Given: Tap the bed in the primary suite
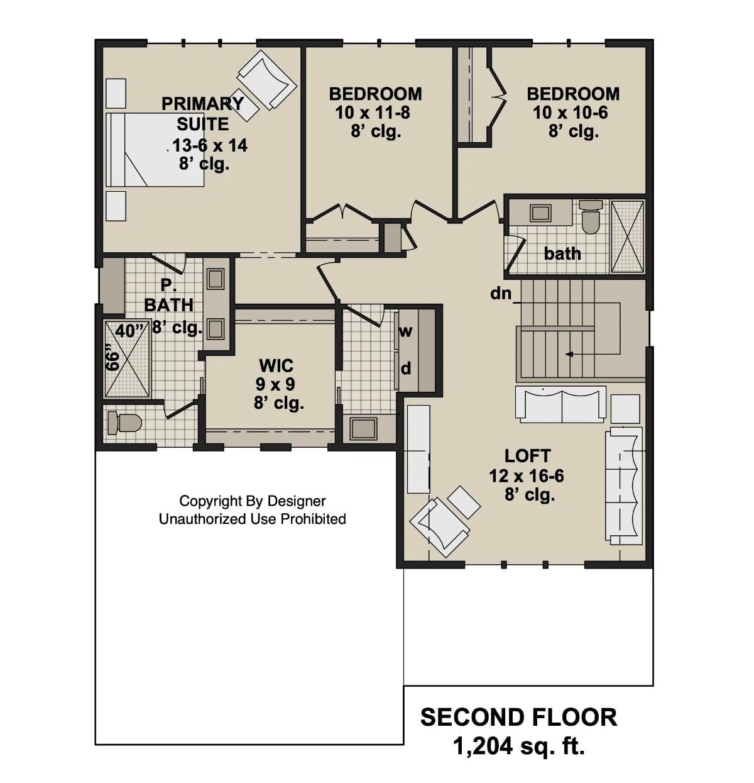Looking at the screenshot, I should [x=155, y=150].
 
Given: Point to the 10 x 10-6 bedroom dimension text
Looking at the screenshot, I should [x=571, y=113].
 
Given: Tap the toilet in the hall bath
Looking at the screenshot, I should [x=590, y=217].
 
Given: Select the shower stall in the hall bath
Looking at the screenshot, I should [x=627, y=236].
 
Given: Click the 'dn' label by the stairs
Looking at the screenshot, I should [x=501, y=293].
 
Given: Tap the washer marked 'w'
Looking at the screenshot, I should [x=406, y=331].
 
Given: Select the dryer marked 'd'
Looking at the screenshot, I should [x=406, y=369].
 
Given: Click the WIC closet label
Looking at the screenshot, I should [x=276, y=365].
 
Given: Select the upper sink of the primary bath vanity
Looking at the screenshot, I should [x=216, y=279].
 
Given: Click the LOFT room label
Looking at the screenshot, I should [x=527, y=456].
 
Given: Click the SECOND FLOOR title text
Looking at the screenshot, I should [x=518, y=718].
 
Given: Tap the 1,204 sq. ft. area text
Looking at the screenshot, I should [x=518, y=747].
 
